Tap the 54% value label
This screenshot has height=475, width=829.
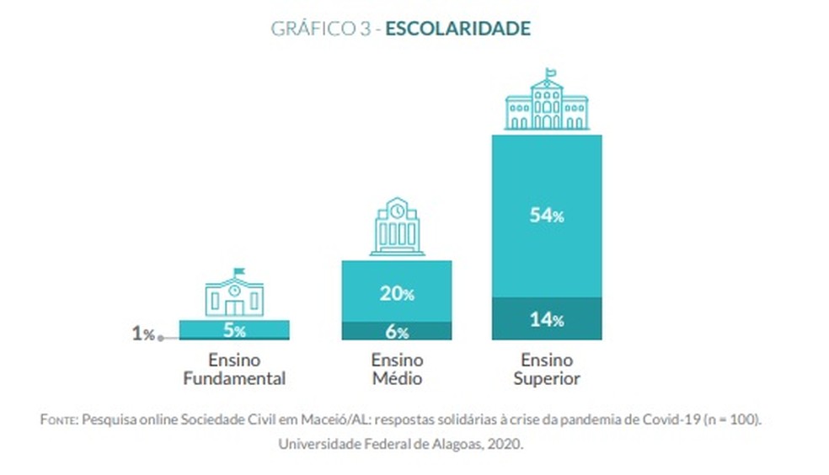tap(547, 216)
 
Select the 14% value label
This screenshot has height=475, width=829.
tap(547, 319)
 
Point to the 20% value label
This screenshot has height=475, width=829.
tap(396, 293)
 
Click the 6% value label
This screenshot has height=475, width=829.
tap(397, 332)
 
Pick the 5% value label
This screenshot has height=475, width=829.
tap(234, 330)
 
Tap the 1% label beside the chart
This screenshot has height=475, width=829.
tap(143, 334)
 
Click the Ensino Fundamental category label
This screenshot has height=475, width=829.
tap(234, 369)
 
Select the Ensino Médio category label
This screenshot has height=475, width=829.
tap(397, 369)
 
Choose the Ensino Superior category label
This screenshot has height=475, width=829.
tap(547, 369)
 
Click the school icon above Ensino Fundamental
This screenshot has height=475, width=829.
tap(234, 292)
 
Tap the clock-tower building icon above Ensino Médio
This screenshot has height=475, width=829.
tap(397, 227)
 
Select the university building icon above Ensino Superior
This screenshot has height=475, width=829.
tap(547, 103)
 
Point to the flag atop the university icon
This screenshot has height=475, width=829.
tap(551, 73)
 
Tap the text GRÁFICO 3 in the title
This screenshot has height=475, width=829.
tap(320, 29)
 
